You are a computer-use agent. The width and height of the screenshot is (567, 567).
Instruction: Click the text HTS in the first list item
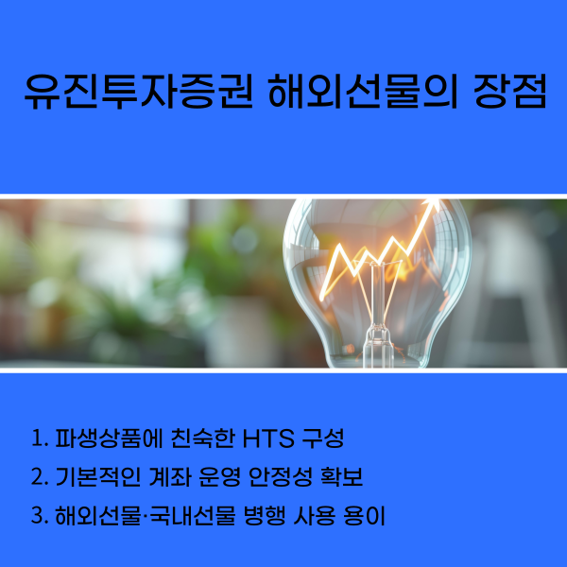[x=267, y=440]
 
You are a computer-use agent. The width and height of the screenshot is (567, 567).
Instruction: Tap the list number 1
[x=38, y=440]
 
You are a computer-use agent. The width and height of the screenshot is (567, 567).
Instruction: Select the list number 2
[x=38, y=478]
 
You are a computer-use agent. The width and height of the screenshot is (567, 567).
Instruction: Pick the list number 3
[x=38, y=517]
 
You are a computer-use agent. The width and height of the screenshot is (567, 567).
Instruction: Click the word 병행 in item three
[x=270, y=517]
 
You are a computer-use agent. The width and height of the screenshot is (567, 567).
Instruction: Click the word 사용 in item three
[x=318, y=517]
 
